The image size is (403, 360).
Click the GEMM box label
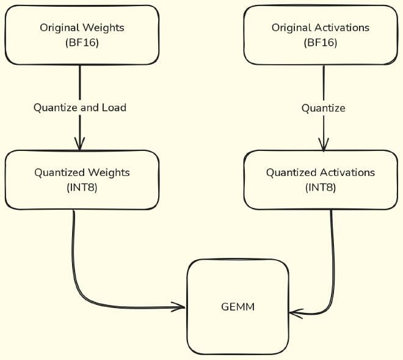point(238,307)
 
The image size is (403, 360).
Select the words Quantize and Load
point(80,108)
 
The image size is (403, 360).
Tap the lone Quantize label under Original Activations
point(323,108)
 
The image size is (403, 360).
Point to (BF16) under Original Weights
point(81,43)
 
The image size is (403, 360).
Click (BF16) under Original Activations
point(320,43)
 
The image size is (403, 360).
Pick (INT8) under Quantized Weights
point(81,188)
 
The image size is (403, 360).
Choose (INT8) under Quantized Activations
point(320,188)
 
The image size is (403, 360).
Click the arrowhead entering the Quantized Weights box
point(79,144)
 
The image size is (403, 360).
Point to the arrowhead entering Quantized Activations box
point(323,145)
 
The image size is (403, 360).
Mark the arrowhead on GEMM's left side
point(179,307)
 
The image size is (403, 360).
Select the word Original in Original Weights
point(59,28)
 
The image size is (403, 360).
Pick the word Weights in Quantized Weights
point(107,172)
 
